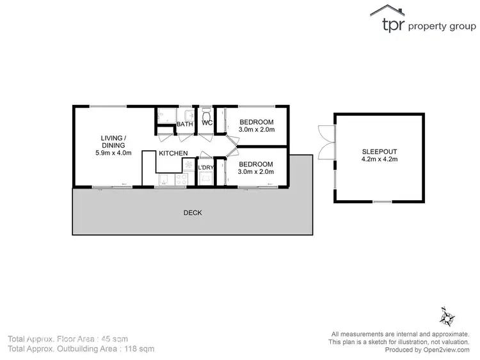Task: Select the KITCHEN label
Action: (x=173, y=153)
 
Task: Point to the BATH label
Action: (x=184, y=124)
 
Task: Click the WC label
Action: (x=207, y=123)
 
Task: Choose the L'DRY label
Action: (x=205, y=168)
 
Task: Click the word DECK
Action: (x=193, y=212)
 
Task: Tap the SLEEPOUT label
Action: (x=379, y=152)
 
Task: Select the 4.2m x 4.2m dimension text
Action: (x=379, y=160)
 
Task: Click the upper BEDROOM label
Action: (x=256, y=122)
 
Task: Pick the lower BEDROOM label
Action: (x=256, y=164)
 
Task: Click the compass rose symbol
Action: (x=446, y=317)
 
